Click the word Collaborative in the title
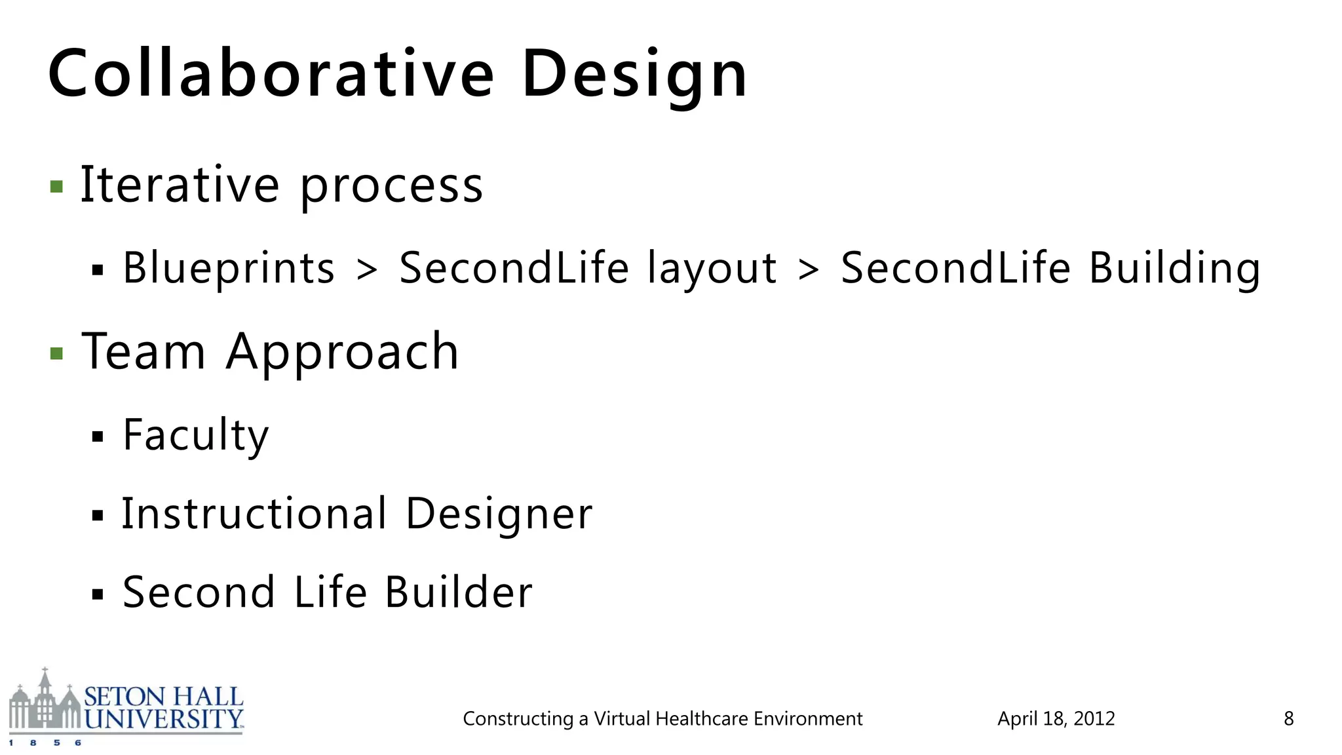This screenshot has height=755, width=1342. point(271,74)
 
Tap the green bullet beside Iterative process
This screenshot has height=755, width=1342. point(57,187)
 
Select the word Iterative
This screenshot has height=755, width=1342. point(180,185)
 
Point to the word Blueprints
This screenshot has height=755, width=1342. point(229,268)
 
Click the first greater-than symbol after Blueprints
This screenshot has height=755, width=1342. point(367,269)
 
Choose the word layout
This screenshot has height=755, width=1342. point(712,269)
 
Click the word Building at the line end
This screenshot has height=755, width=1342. point(1174,269)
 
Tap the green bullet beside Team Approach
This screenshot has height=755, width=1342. point(57,354)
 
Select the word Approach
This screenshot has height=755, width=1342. point(342,353)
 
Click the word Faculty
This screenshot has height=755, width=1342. point(196,435)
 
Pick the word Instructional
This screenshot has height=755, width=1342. point(255,513)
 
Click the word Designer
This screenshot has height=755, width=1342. point(499,514)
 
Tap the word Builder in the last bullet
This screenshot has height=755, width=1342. point(458,592)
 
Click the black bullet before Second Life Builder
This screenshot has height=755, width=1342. point(98,594)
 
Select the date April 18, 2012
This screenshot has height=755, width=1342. point(1056,719)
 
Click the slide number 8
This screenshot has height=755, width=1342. point(1288,719)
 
